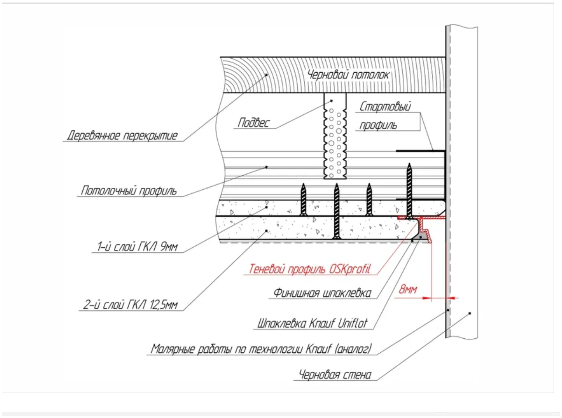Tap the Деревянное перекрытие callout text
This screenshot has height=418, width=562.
coord(122,135)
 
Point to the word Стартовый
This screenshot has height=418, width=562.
coord(385,107)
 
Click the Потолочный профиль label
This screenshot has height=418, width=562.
coord(128,191)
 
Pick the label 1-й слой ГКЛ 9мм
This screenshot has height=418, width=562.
coord(137,246)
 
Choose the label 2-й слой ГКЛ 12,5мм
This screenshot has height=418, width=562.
coord(130,305)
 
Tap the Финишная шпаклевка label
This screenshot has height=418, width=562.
coord(322,293)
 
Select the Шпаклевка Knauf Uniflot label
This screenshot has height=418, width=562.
coord(312,323)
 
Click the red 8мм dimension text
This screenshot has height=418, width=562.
coord(408,289)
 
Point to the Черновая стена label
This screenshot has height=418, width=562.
coord(335,374)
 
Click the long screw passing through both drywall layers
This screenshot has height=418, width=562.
coord(336,211)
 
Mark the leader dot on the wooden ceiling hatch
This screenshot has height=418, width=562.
coord(267,75)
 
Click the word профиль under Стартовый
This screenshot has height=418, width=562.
coord(378,125)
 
